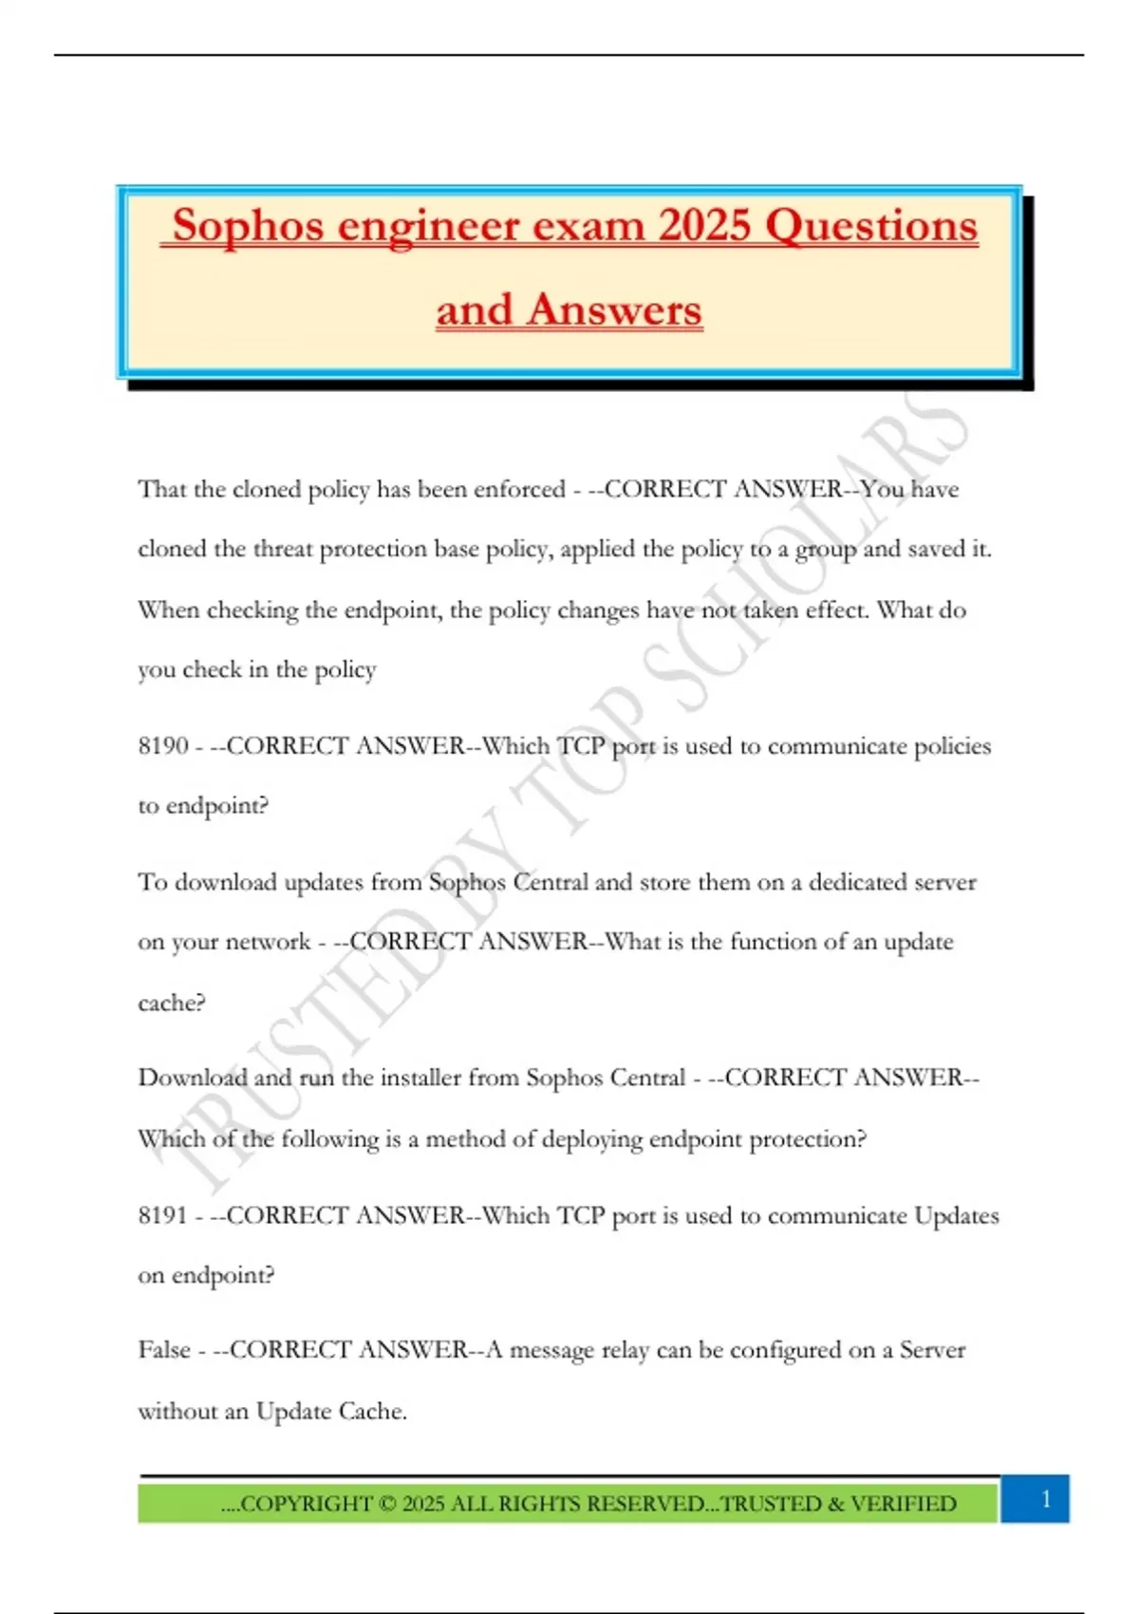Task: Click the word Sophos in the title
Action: [x=248, y=227]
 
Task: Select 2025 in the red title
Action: [x=705, y=226]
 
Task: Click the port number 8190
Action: [x=163, y=746]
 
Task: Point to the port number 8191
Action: [x=163, y=1215]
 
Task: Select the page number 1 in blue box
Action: [x=1046, y=1499]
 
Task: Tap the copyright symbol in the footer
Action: [x=386, y=1504]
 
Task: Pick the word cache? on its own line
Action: [x=172, y=1004]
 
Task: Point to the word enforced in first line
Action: [x=519, y=490]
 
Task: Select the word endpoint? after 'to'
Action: [x=217, y=806]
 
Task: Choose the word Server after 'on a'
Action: [x=932, y=1350]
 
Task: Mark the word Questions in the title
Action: [x=870, y=226]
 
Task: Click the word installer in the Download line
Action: [x=423, y=1079]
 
